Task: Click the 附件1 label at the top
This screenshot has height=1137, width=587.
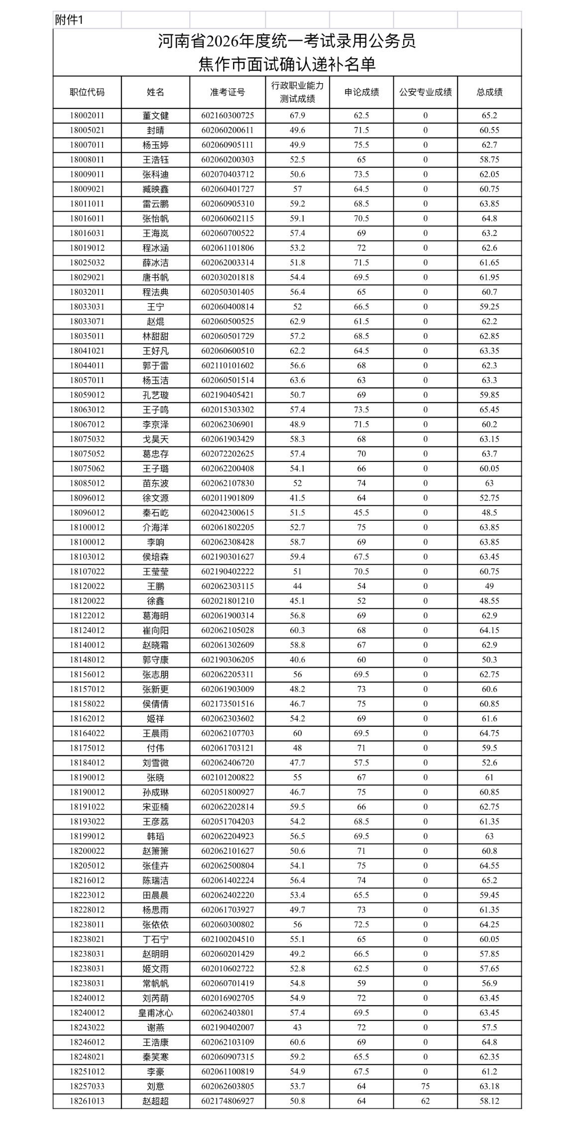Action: pos(69,20)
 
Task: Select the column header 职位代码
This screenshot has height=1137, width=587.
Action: pos(87,92)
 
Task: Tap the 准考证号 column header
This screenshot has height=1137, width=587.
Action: pos(228,92)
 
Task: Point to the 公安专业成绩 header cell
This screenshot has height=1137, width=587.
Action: pos(425,92)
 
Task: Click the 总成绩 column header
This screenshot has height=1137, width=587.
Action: pos(489,92)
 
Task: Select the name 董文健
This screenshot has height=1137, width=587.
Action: pos(155,115)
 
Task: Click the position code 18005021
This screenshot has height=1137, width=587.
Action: pos(87,130)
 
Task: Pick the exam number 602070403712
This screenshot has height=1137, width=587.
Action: pos(228,174)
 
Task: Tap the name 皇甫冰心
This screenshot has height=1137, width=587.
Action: pos(155,1013)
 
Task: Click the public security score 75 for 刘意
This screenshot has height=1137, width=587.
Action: pos(425,1086)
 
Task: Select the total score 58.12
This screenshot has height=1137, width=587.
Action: pos(489,1101)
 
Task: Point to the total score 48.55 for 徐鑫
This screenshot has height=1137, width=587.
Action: pos(489,601)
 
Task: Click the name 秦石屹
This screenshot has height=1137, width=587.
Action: pos(155,513)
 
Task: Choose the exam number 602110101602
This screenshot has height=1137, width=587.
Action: pos(228,365)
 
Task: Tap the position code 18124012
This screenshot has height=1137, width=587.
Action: pos(87,630)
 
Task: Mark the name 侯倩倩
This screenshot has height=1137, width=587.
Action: pos(155,704)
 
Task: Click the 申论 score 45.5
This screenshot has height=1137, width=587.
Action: pos(361,513)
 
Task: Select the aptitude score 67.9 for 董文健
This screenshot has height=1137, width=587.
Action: pos(297,115)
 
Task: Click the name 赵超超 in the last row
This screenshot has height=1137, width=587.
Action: pos(155,1101)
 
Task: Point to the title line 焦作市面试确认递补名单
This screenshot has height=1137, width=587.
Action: pos(287,64)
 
